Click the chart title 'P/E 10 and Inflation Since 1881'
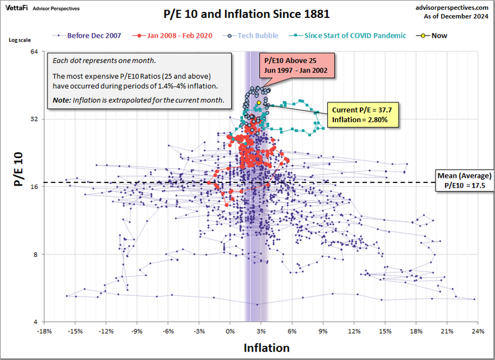[x=247, y=13]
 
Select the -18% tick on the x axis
[x=44, y=330]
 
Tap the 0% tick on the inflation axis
[x=230, y=330]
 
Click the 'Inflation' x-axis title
[x=266, y=347]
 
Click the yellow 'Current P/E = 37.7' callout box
[x=364, y=116]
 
